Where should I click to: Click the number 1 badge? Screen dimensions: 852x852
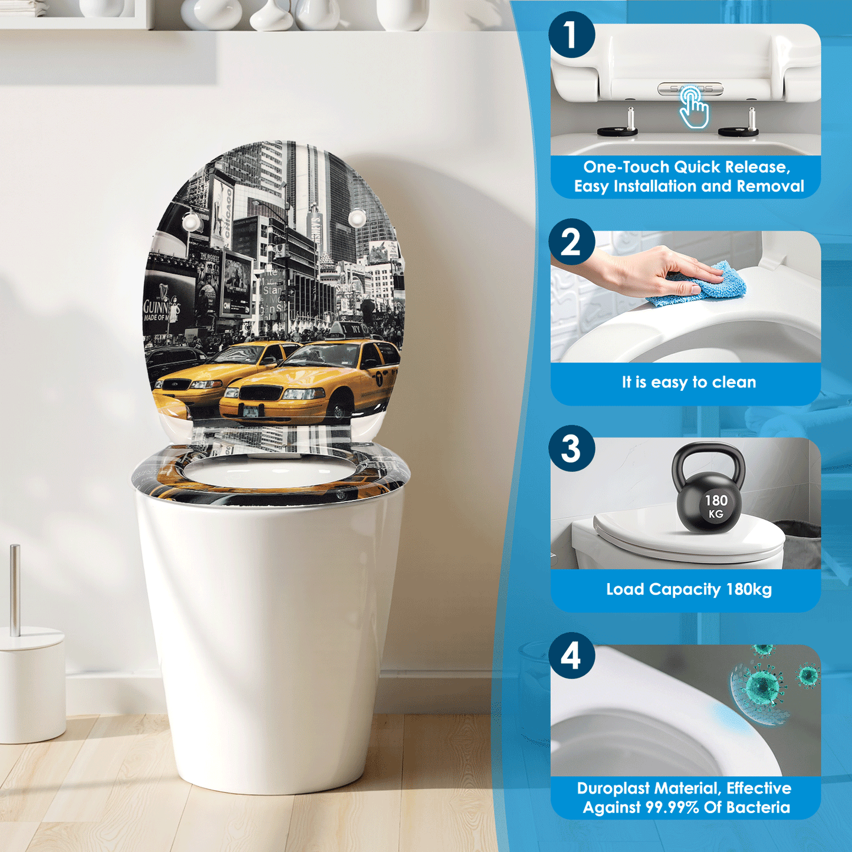coord(571,35)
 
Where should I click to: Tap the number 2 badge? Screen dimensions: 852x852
coord(571,242)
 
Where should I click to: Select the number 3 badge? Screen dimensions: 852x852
coord(571,449)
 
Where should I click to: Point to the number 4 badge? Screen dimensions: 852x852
coord(571,656)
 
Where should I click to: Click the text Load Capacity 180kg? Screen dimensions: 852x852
coord(689,589)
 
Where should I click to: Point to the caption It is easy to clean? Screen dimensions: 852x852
coord(689,382)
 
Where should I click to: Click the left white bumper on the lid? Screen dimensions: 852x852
coord(192,223)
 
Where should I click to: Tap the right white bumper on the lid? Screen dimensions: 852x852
coord(357,218)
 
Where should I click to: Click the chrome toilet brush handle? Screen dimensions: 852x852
coord(15,590)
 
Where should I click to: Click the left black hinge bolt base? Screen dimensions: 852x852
coord(617,131)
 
